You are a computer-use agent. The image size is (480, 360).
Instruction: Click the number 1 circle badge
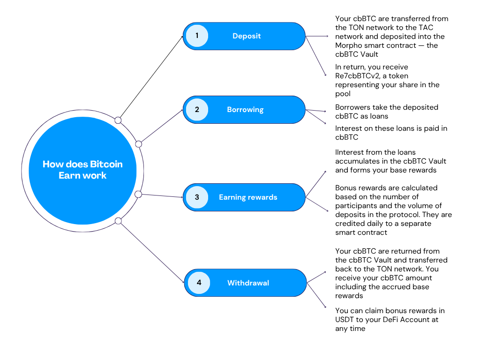(197, 36)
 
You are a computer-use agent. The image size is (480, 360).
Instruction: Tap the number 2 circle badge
(197, 110)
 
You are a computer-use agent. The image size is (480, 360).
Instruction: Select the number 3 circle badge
(197, 197)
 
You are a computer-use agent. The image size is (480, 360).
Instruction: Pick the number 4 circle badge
(199, 283)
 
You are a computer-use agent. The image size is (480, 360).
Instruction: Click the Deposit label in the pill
(247, 36)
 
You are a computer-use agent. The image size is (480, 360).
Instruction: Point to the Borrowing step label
(245, 110)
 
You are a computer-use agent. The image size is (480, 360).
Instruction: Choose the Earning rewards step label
(248, 197)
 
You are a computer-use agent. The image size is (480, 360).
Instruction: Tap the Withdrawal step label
(248, 283)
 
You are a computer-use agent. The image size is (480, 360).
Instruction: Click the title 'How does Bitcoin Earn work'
(82, 170)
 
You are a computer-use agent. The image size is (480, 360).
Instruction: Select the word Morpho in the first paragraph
(348, 45)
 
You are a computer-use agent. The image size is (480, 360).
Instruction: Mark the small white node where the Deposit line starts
(118, 120)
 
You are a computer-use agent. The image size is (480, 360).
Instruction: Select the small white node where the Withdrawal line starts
(118, 221)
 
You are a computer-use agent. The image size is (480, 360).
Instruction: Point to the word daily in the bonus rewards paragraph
(373, 224)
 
